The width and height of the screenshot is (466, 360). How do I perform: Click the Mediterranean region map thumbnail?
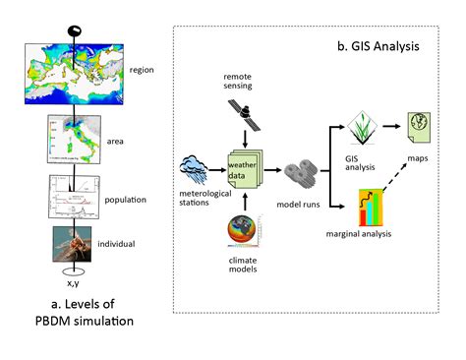(x=75, y=69)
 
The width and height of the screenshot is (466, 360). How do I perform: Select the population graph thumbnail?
(x=75, y=197)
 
